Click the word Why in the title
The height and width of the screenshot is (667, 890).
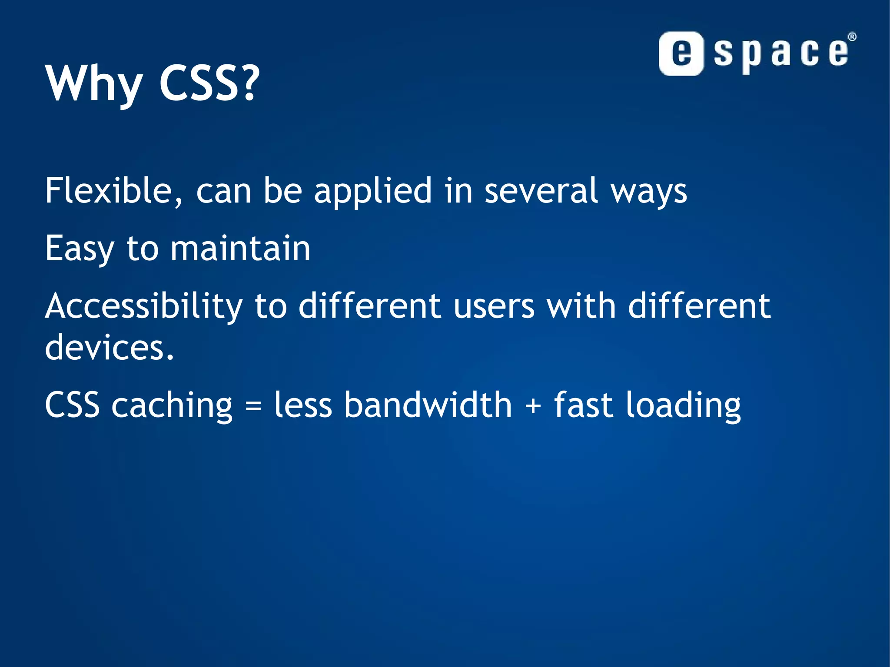click(x=94, y=83)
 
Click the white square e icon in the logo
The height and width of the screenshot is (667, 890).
click(x=681, y=54)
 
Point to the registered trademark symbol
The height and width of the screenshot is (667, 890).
click(x=852, y=37)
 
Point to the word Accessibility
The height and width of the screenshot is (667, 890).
click(x=144, y=307)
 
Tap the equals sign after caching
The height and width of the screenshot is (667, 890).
click(x=253, y=406)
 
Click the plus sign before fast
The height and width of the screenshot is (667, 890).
click(x=533, y=406)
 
